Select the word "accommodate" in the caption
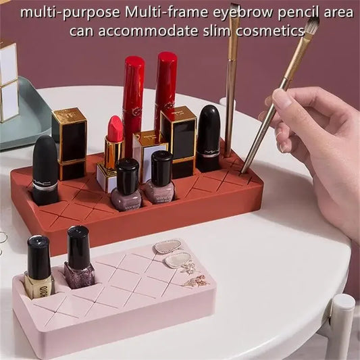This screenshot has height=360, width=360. click(149, 30)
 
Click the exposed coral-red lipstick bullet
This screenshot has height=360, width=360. click(115, 128)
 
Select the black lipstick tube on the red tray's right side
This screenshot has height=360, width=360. click(208, 138)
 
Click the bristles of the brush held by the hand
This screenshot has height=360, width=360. click(310, 28)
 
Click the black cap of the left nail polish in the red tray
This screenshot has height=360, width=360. click(127, 175)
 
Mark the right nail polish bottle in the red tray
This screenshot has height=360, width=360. click(160, 178)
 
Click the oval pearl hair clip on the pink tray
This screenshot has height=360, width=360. click(168, 247)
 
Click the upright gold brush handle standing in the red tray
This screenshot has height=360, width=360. click(231, 81)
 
